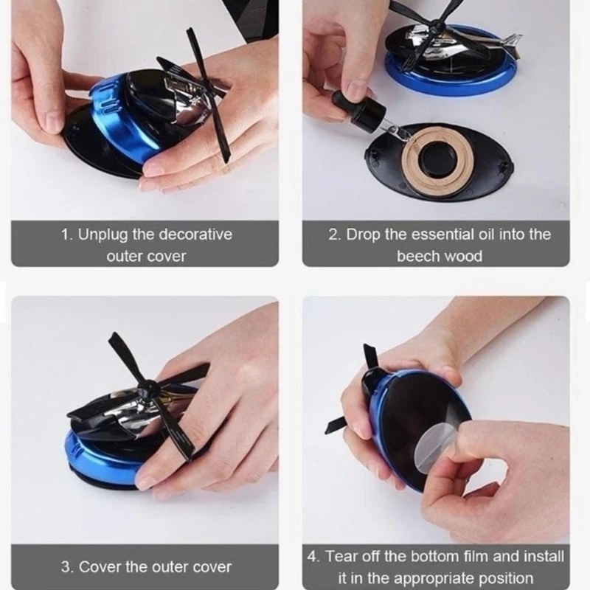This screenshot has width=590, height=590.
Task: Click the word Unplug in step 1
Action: (103, 235)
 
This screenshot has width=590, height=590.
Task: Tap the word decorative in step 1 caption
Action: (195, 235)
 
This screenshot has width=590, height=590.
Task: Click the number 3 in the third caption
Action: (65, 567)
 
